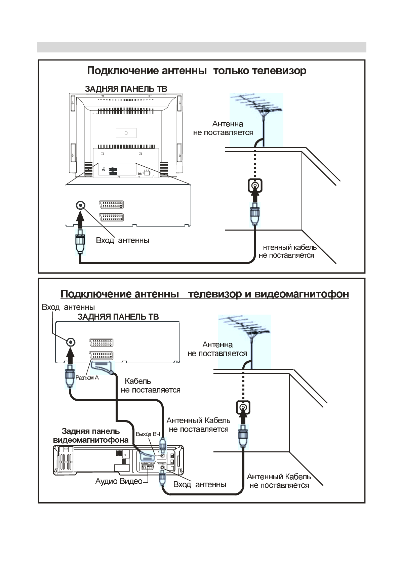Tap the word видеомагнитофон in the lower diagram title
pos(302,294)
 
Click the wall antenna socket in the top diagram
pos(255,186)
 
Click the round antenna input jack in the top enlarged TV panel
pos(80,205)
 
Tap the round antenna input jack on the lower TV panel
pos(70,342)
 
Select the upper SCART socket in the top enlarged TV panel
pos(111,205)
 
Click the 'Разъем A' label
pos(87,378)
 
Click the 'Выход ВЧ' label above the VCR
pos(148,434)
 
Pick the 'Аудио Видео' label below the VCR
pos(119,481)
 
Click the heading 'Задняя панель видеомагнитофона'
pos(91,436)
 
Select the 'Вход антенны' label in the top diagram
pos(122,240)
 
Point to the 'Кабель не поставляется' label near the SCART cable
pos(150,386)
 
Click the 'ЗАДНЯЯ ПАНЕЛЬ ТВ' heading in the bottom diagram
pos(118,317)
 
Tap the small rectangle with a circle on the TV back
pos(126,133)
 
